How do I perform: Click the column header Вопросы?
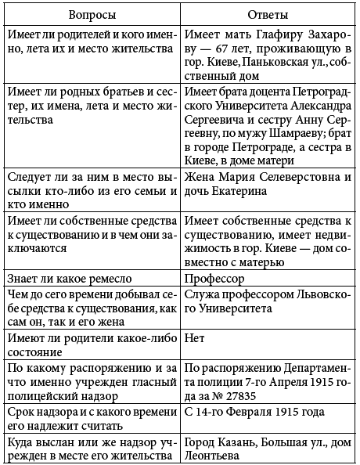[x=91, y=15]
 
